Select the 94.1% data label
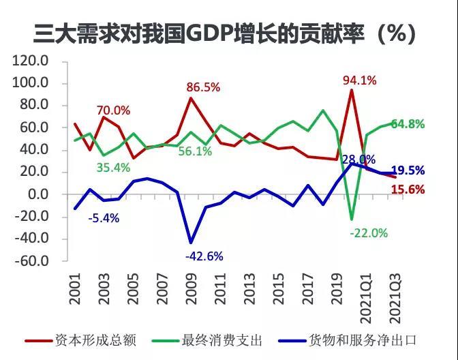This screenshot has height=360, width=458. coord(359,80)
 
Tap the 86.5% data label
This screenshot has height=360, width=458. coord(202,87)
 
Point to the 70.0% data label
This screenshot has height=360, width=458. coord(113,110)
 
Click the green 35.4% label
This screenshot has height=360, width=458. coord(113,168)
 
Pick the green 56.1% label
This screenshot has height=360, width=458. coord(195,151)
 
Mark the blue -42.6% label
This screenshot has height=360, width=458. coord(204,256)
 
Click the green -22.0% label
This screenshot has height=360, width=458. coord(369,233)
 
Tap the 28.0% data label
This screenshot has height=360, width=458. coord(358,160)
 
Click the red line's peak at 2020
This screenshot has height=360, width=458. coord(352,91)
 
